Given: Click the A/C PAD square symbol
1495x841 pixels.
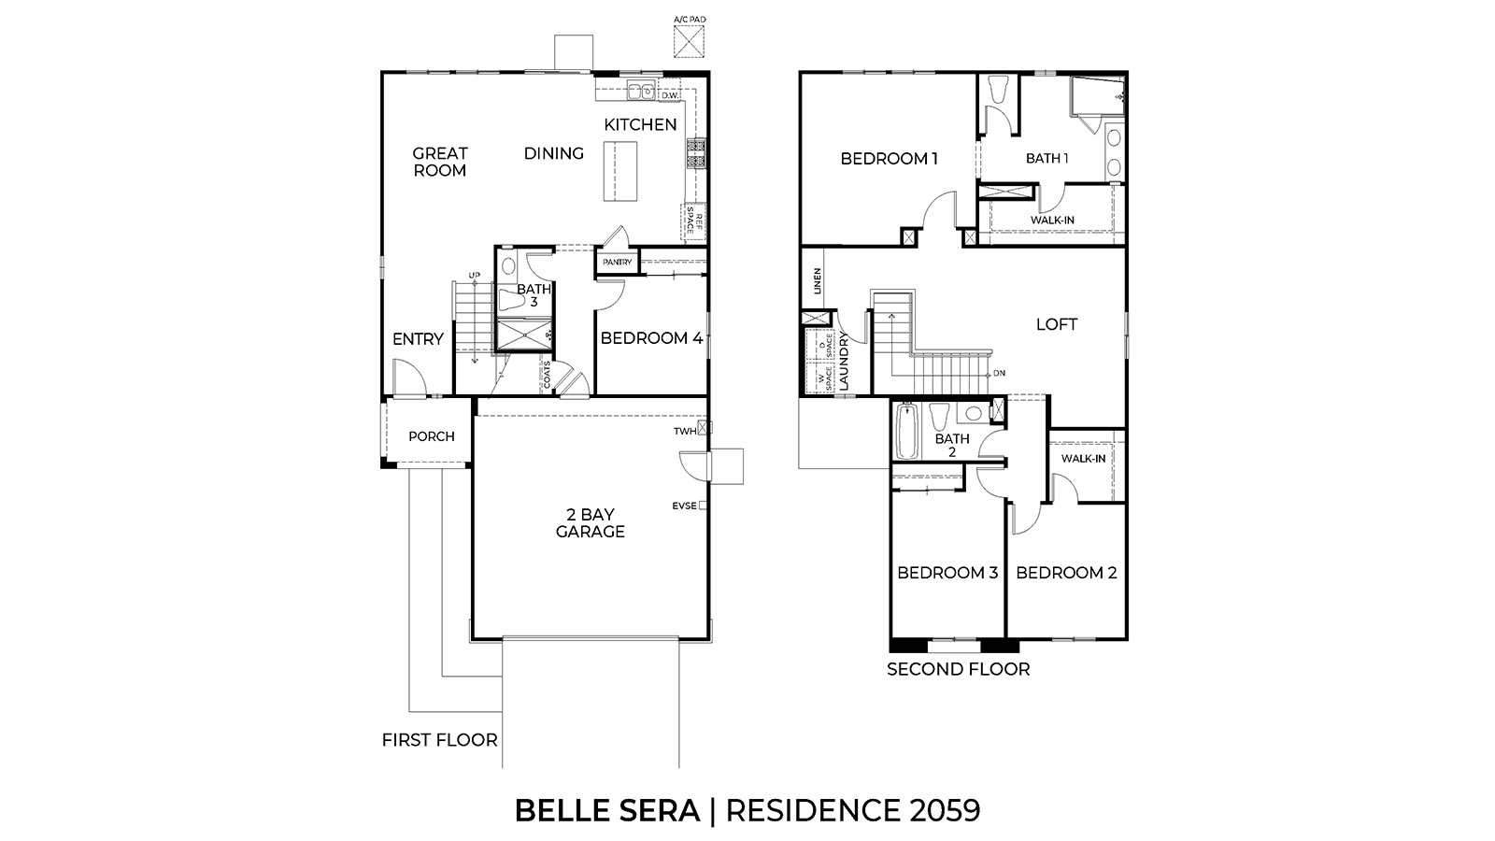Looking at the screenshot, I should (x=690, y=41).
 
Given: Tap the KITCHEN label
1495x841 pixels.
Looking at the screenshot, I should (x=640, y=124).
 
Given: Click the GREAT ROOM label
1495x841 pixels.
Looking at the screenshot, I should (x=440, y=162).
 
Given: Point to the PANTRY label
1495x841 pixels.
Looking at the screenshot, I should (x=617, y=263).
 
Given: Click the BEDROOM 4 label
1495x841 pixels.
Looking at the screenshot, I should (x=650, y=338).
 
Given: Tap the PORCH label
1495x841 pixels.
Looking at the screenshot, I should (x=432, y=436).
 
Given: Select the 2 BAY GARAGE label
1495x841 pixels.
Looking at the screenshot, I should (x=590, y=523).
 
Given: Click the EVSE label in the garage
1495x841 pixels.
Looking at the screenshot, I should (x=684, y=506).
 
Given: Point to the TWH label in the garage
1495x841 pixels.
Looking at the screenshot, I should (x=685, y=431).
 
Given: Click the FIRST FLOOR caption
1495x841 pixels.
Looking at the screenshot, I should (x=439, y=740).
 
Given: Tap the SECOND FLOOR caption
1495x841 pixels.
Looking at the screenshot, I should (x=958, y=669).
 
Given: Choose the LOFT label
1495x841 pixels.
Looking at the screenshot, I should (x=1056, y=324).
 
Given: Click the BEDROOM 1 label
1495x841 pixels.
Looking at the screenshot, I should (x=889, y=159).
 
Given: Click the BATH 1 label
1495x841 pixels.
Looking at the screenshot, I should (x=1046, y=159).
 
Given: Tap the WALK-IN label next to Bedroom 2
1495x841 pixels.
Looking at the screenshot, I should (x=1083, y=459).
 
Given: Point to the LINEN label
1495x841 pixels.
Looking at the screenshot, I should (x=816, y=281).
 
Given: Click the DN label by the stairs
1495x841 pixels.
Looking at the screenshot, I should (x=999, y=374).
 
